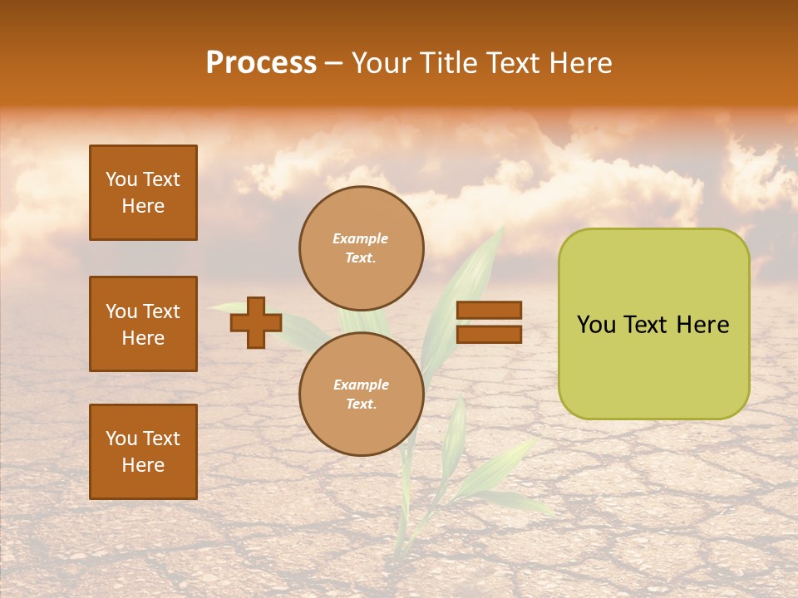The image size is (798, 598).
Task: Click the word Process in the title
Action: (261, 63)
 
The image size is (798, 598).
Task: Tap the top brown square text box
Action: (143, 193)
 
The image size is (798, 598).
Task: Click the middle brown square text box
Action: (143, 324)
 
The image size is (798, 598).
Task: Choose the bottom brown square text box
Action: (143, 452)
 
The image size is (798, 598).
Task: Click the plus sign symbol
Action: (256, 322)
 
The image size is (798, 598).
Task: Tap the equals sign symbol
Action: (490, 322)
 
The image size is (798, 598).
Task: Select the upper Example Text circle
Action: (362, 248)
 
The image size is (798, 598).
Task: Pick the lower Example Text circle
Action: (362, 395)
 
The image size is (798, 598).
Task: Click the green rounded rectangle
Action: (653, 324)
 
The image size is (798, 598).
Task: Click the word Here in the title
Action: (581, 63)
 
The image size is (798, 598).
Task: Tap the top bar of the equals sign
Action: (490, 310)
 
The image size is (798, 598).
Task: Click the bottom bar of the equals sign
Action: (490, 335)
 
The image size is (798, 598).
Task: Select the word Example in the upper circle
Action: (361, 239)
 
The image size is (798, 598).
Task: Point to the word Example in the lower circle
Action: (361, 385)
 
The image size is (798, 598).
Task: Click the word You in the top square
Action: (121, 179)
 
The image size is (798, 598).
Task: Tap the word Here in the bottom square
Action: (143, 465)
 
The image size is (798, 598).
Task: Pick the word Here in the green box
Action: (702, 325)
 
